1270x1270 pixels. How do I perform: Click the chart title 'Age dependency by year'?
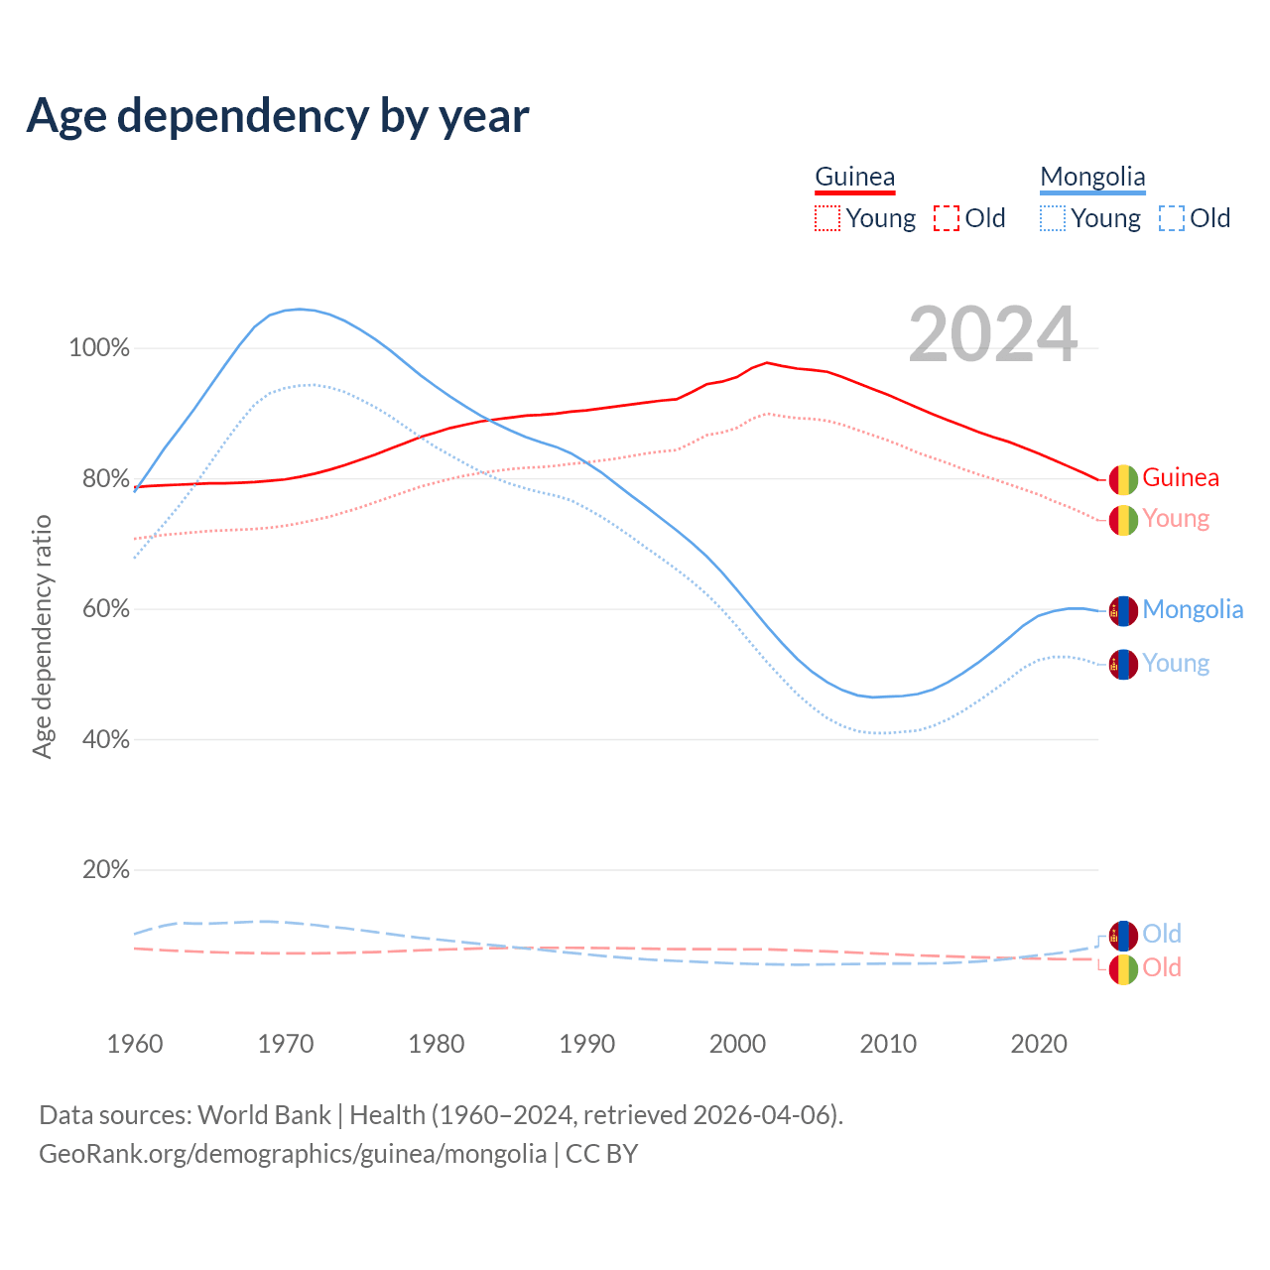coord(278,116)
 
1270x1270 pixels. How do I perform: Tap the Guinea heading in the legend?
coord(854,178)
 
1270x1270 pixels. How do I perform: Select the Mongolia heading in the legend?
coord(1092,178)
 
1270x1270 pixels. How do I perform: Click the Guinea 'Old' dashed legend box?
coord(947,218)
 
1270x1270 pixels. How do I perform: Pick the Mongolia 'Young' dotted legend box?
coord(1053,218)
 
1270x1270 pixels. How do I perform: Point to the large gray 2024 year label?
coord(992,335)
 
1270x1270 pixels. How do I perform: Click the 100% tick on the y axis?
coord(99,348)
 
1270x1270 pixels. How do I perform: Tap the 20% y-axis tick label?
coord(105,870)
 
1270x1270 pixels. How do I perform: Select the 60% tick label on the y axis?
coord(105,609)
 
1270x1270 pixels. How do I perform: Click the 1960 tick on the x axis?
coord(135,1044)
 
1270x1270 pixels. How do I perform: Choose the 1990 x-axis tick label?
coord(587,1044)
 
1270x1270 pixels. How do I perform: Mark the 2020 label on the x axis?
coord(1039,1044)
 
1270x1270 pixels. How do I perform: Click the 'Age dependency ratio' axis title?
coord(42,636)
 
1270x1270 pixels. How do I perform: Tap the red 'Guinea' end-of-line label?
coord(1181,478)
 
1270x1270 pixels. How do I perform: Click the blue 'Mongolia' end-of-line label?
coord(1193,610)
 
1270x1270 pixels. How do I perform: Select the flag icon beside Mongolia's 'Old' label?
coord(1123,936)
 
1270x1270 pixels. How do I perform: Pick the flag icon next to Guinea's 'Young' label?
coord(1123,520)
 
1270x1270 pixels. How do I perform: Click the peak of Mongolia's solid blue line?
coord(300,309)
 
